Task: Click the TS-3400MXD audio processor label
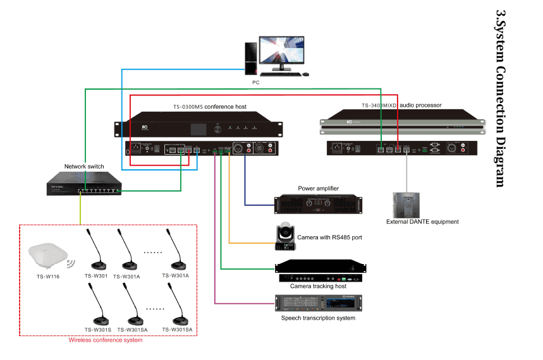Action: point(401,105)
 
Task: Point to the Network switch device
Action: point(83,184)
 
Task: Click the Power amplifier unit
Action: point(319,205)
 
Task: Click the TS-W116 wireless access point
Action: point(48,255)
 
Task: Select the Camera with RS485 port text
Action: point(334,237)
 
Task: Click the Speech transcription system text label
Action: point(318,318)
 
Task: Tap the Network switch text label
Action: point(83,167)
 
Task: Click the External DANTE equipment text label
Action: point(422,222)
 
